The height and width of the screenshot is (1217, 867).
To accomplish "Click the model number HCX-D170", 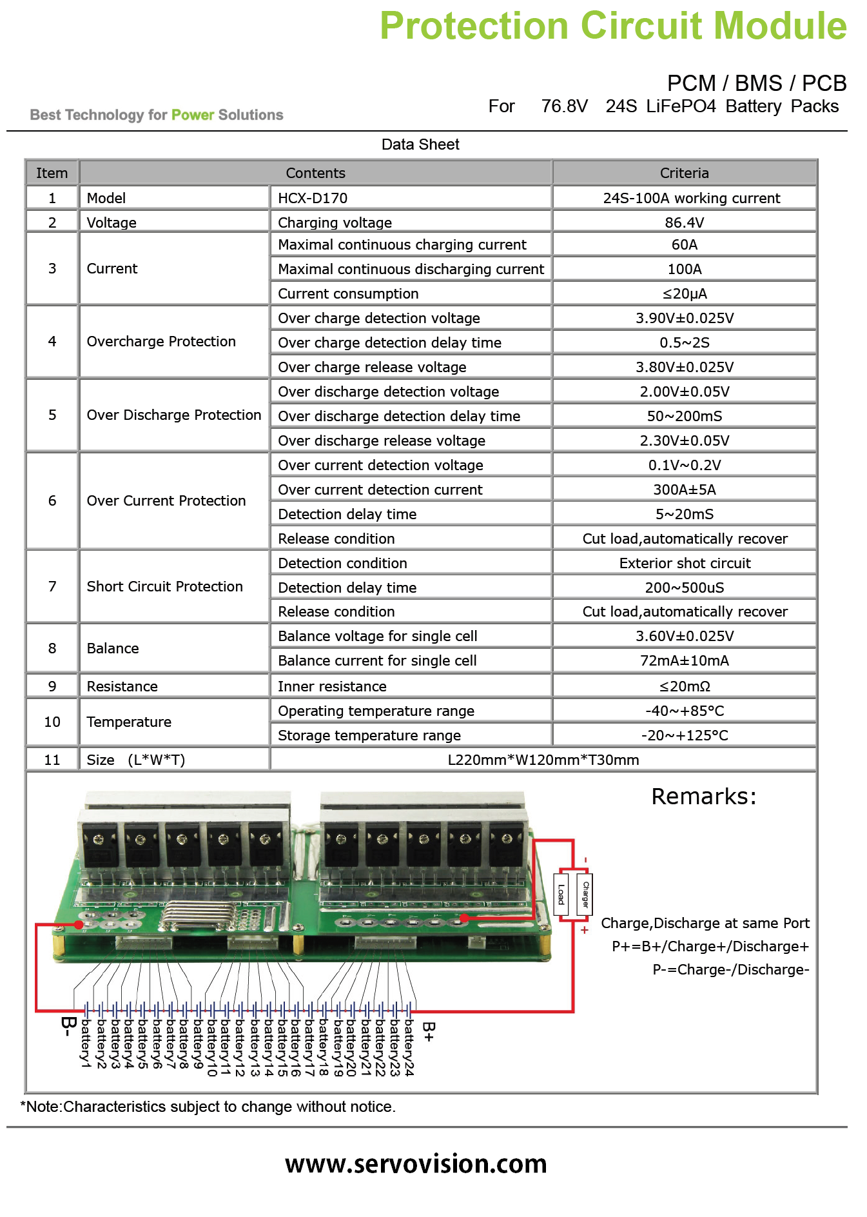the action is (x=313, y=198).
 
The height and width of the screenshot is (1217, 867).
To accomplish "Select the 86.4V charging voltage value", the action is (x=685, y=223).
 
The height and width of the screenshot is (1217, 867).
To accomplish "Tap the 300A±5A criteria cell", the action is (x=685, y=490).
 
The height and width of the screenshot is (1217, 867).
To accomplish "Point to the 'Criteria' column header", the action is (x=685, y=173).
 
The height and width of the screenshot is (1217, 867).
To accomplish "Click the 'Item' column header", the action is (x=52, y=173).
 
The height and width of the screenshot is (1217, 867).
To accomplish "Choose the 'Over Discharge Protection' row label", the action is (x=174, y=415).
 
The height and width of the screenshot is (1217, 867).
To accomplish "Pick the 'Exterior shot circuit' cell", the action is (x=685, y=563).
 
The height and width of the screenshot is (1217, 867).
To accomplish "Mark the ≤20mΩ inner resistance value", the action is (x=685, y=686).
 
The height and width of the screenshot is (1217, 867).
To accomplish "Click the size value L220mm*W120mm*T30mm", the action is (x=543, y=760).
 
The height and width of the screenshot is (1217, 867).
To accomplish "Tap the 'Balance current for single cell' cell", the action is (x=377, y=660).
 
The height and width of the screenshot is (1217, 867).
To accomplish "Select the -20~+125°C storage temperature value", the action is (x=685, y=735).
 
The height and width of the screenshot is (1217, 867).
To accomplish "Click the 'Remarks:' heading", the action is (x=704, y=796).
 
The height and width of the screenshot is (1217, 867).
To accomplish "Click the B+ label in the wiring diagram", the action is (x=429, y=1032).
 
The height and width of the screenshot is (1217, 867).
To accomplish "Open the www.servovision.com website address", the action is (x=416, y=1163).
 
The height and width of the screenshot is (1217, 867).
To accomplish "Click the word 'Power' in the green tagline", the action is (x=193, y=115).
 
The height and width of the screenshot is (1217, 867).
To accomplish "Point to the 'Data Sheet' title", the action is (x=420, y=144).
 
